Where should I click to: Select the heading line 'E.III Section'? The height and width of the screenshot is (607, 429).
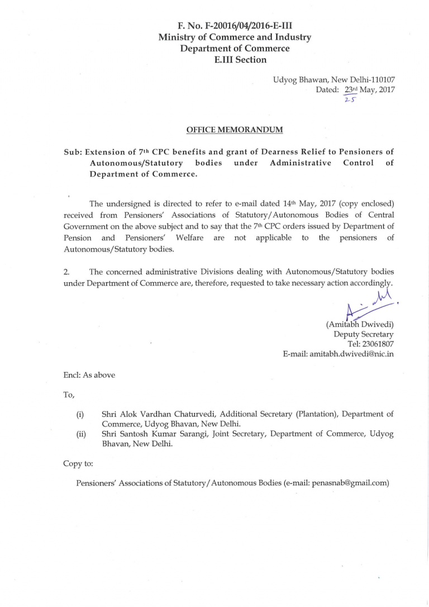pos(235,60)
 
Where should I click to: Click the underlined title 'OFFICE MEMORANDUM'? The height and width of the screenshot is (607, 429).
pos(235,130)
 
